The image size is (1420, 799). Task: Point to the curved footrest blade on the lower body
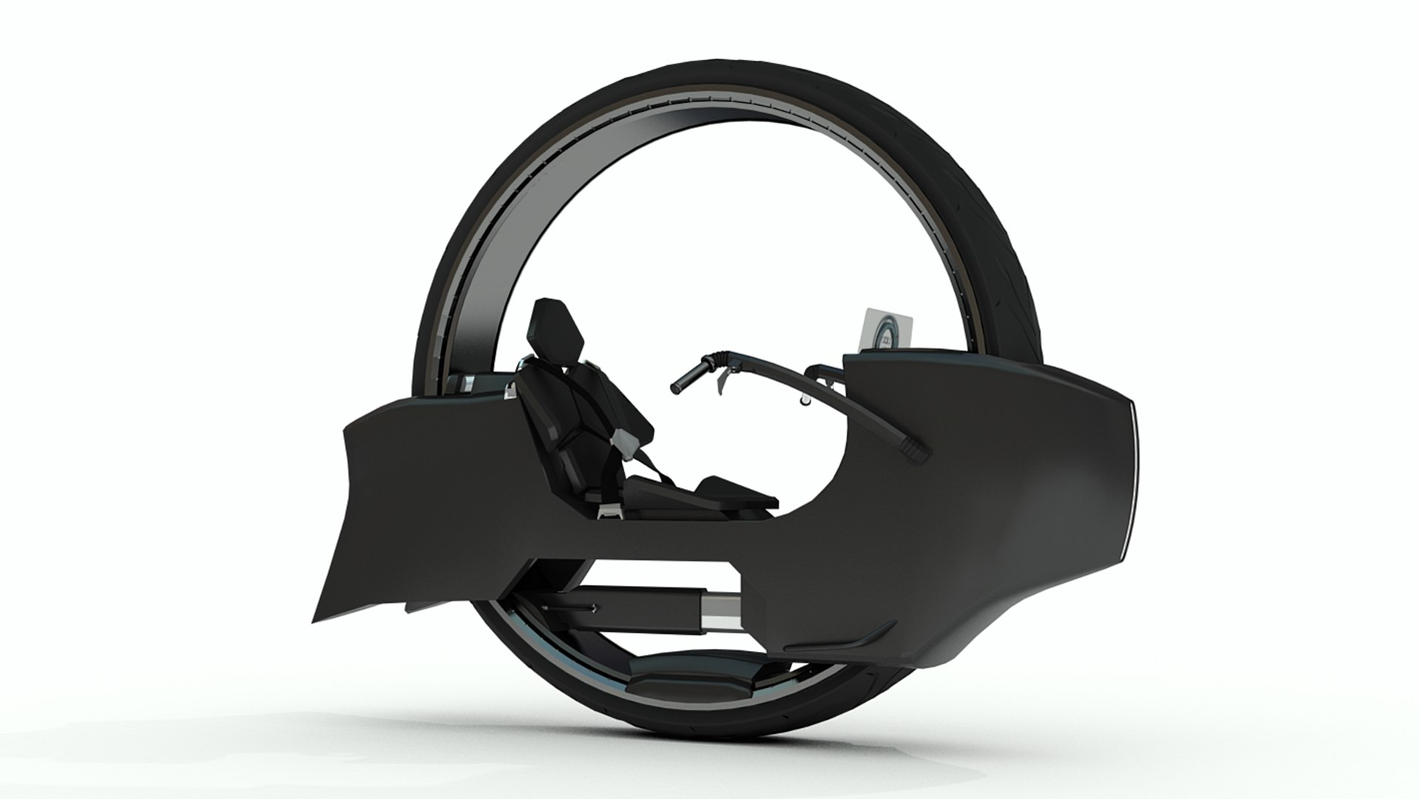click(862, 637)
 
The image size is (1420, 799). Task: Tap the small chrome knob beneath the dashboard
click(802, 399)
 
